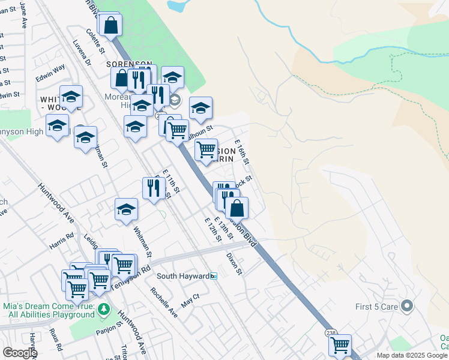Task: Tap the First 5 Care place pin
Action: (x=408, y=306)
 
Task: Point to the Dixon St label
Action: (x=234, y=263)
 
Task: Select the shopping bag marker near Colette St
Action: (x=110, y=26)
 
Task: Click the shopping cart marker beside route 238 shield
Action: (x=340, y=346)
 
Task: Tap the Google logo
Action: (x=20, y=352)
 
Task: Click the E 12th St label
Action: (x=212, y=230)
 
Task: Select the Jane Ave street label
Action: (x=24, y=15)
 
